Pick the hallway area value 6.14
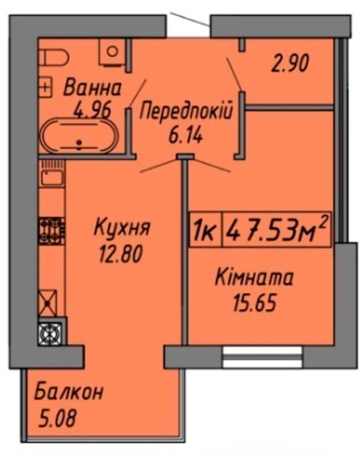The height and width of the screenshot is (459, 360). (x=186, y=137)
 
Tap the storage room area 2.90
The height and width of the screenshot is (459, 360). (x=290, y=63)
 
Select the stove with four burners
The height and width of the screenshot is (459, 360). (x=51, y=231)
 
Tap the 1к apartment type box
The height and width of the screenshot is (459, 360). (x=205, y=229)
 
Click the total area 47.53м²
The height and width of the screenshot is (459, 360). (x=276, y=229)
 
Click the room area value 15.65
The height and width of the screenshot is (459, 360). (x=255, y=303)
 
